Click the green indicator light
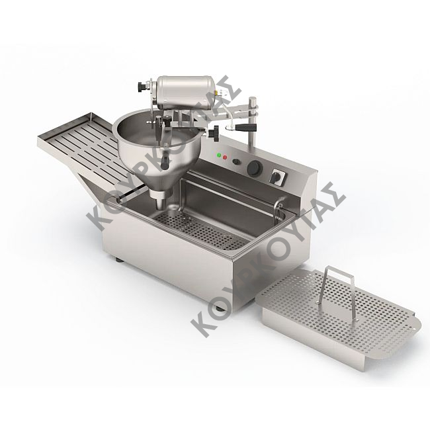(x=219, y=155)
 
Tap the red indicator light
(x=225, y=157)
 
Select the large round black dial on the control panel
(x=255, y=168)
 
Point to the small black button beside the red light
(x=236, y=161)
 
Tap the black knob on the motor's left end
(x=142, y=88)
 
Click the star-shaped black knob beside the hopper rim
(x=214, y=133)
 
